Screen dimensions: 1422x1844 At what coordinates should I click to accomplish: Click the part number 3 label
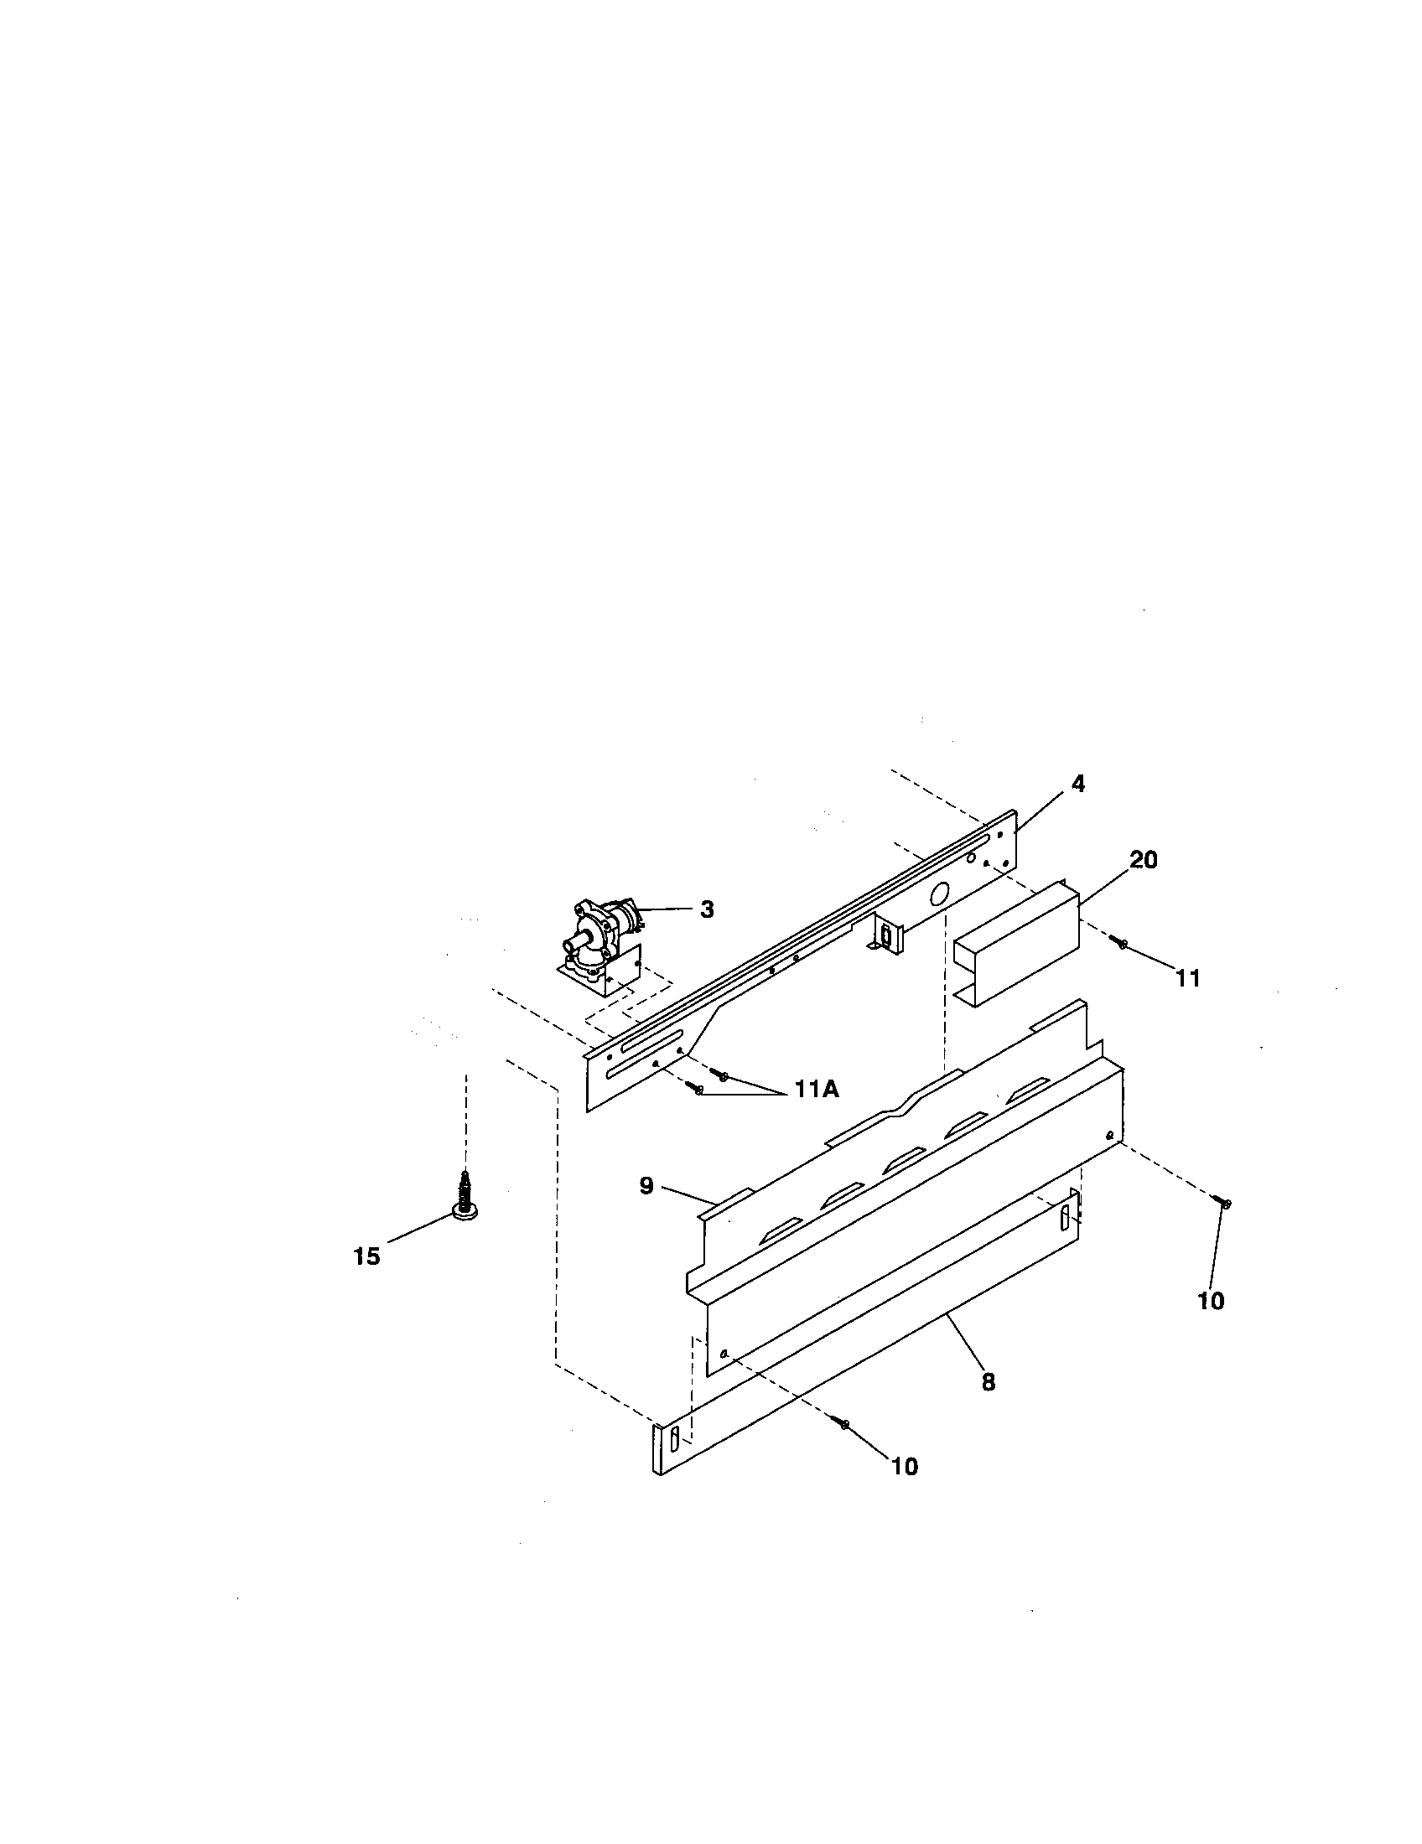click(x=707, y=909)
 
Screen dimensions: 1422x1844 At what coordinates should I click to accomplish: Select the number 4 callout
click(x=1077, y=784)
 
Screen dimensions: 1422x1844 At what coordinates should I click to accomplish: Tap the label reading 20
click(x=1144, y=859)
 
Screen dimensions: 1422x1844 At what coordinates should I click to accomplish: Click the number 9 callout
click(x=646, y=1185)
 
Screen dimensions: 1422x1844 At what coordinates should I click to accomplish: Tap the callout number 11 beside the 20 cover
click(x=1187, y=977)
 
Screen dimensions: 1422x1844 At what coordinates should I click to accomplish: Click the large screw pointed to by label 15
click(x=464, y=1197)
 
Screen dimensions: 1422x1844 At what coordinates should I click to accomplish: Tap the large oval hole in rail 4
click(x=937, y=894)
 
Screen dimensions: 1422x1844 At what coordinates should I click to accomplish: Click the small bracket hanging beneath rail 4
click(x=884, y=936)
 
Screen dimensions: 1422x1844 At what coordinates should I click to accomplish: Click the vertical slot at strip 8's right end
click(x=1065, y=1217)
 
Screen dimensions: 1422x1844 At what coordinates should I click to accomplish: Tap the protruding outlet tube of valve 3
click(x=576, y=942)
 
